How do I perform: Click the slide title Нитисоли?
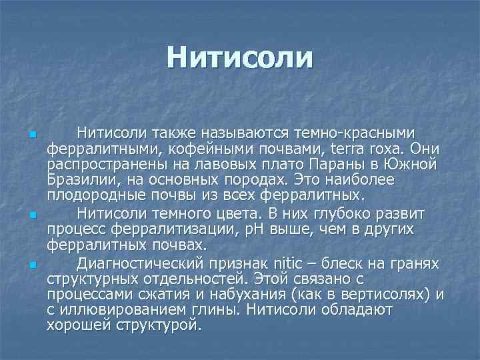pyautogui.click(x=239, y=57)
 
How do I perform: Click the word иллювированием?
pyautogui.click(x=123, y=311)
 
